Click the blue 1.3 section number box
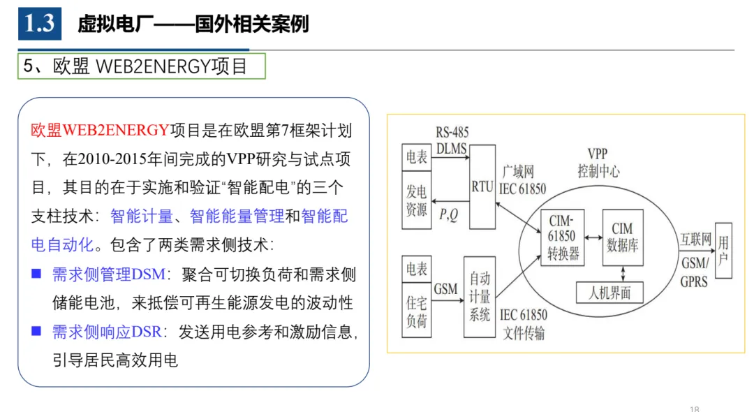(x=39, y=24)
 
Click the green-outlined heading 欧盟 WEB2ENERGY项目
(x=141, y=66)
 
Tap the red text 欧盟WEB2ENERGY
(x=100, y=131)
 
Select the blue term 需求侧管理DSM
(x=109, y=274)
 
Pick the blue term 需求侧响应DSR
(x=107, y=332)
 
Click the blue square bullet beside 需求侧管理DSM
(x=36, y=274)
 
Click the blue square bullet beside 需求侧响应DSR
(x=36, y=331)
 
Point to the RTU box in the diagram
(x=482, y=186)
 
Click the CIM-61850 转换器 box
(x=562, y=237)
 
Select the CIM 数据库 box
(x=623, y=237)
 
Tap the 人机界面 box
(x=609, y=293)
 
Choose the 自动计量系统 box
(x=480, y=297)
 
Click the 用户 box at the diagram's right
(x=724, y=251)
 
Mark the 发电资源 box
(x=416, y=200)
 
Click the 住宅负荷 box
(x=416, y=309)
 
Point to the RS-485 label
(x=452, y=132)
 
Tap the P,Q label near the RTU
(x=448, y=214)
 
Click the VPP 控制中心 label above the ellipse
(x=598, y=163)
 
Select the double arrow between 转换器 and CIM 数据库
(x=593, y=237)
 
